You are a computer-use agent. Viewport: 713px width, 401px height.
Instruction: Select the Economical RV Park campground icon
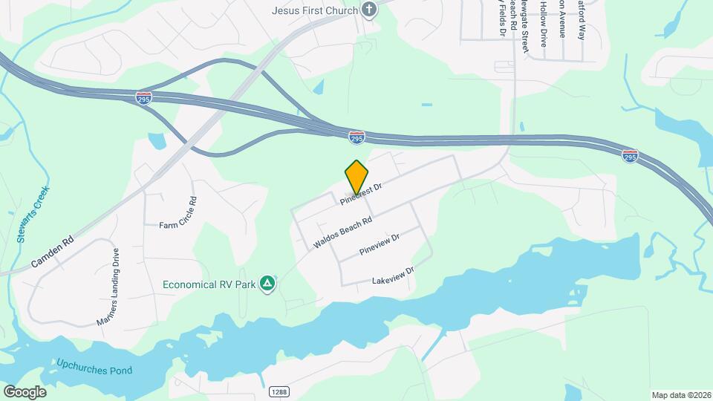click(268, 284)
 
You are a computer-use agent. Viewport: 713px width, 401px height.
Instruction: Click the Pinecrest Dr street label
click(361, 195)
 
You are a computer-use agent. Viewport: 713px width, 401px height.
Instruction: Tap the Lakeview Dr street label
click(392, 276)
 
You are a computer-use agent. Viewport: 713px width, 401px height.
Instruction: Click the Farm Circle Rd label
click(178, 212)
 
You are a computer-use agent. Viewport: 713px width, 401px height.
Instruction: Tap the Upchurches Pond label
click(94, 366)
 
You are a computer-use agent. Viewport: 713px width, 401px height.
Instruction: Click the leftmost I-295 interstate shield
click(144, 98)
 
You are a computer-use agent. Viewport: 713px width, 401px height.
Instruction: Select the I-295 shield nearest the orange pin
click(357, 137)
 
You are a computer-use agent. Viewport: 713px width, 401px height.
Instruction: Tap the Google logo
click(24, 391)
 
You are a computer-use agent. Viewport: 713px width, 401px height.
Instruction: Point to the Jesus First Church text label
click(315, 10)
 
